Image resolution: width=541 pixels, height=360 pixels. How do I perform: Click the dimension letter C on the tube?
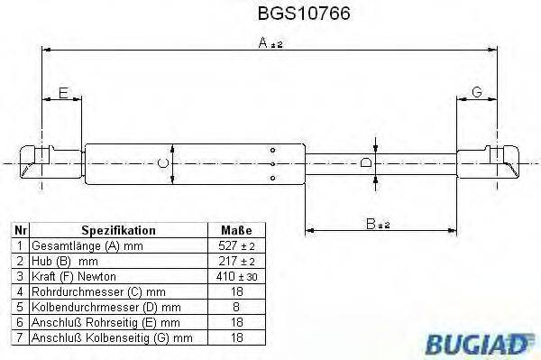[x=161, y=162]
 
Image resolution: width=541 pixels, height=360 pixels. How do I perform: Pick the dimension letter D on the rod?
[x=365, y=162]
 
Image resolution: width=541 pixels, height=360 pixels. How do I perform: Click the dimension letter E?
[x=63, y=93]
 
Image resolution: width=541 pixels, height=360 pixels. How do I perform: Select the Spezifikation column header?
[x=119, y=230]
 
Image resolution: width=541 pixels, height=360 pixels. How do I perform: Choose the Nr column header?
[x=20, y=230]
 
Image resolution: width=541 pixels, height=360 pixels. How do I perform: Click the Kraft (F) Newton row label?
[x=74, y=275]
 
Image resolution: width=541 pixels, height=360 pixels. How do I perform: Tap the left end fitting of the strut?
[x=40, y=162]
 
